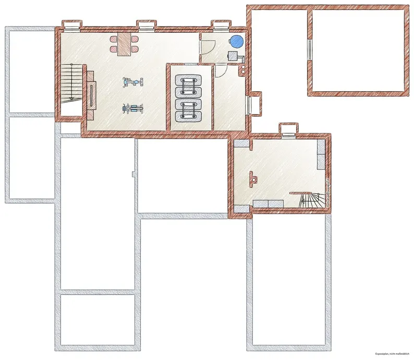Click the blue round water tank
click(x=236, y=42)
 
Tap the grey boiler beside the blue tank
click(x=233, y=56)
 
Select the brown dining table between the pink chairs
click(x=125, y=44)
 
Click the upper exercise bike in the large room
click(x=133, y=82)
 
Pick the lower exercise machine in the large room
click(x=133, y=108)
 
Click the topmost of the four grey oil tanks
click(x=188, y=80)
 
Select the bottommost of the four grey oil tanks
click(x=188, y=116)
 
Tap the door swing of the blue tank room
click(x=208, y=46)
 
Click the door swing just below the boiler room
click(x=221, y=71)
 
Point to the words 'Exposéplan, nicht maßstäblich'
click(x=392, y=354)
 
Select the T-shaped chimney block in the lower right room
click(x=253, y=179)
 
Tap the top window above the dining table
click(x=147, y=26)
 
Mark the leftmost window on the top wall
click(x=72, y=26)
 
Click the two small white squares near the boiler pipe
click(x=243, y=69)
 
